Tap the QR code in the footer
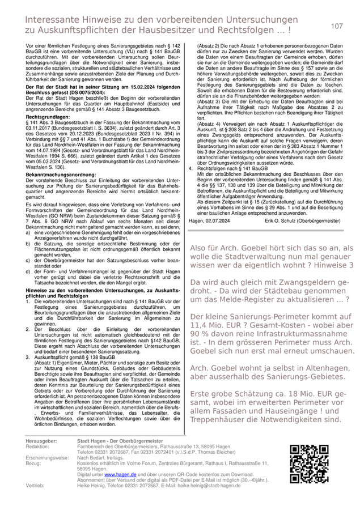point(310,462)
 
